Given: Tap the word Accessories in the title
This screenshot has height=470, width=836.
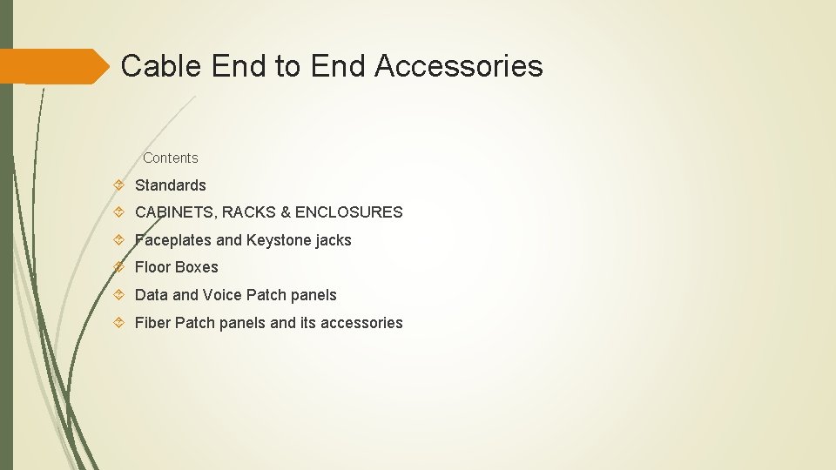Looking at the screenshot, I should click(x=459, y=66).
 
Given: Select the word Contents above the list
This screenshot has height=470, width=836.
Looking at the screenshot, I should click(x=171, y=158).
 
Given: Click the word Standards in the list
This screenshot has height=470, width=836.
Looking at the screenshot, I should click(x=171, y=185).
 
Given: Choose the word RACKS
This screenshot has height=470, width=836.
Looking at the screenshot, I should click(x=248, y=211).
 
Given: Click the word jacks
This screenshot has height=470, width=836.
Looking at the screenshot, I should click(x=334, y=239).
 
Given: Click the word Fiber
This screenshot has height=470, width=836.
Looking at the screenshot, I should click(x=152, y=323).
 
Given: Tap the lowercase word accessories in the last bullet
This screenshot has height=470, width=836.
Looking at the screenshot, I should click(x=361, y=323).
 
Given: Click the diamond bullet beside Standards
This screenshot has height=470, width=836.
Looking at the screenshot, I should click(x=119, y=185).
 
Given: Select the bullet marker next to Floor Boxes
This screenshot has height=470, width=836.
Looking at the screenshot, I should click(x=119, y=266).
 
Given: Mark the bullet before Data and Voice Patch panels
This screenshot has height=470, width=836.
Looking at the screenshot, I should click(x=119, y=295).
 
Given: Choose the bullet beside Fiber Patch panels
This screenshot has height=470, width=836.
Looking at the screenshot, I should click(x=119, y=323).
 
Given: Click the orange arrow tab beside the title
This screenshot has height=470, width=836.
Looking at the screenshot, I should click(x=52, y=66).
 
